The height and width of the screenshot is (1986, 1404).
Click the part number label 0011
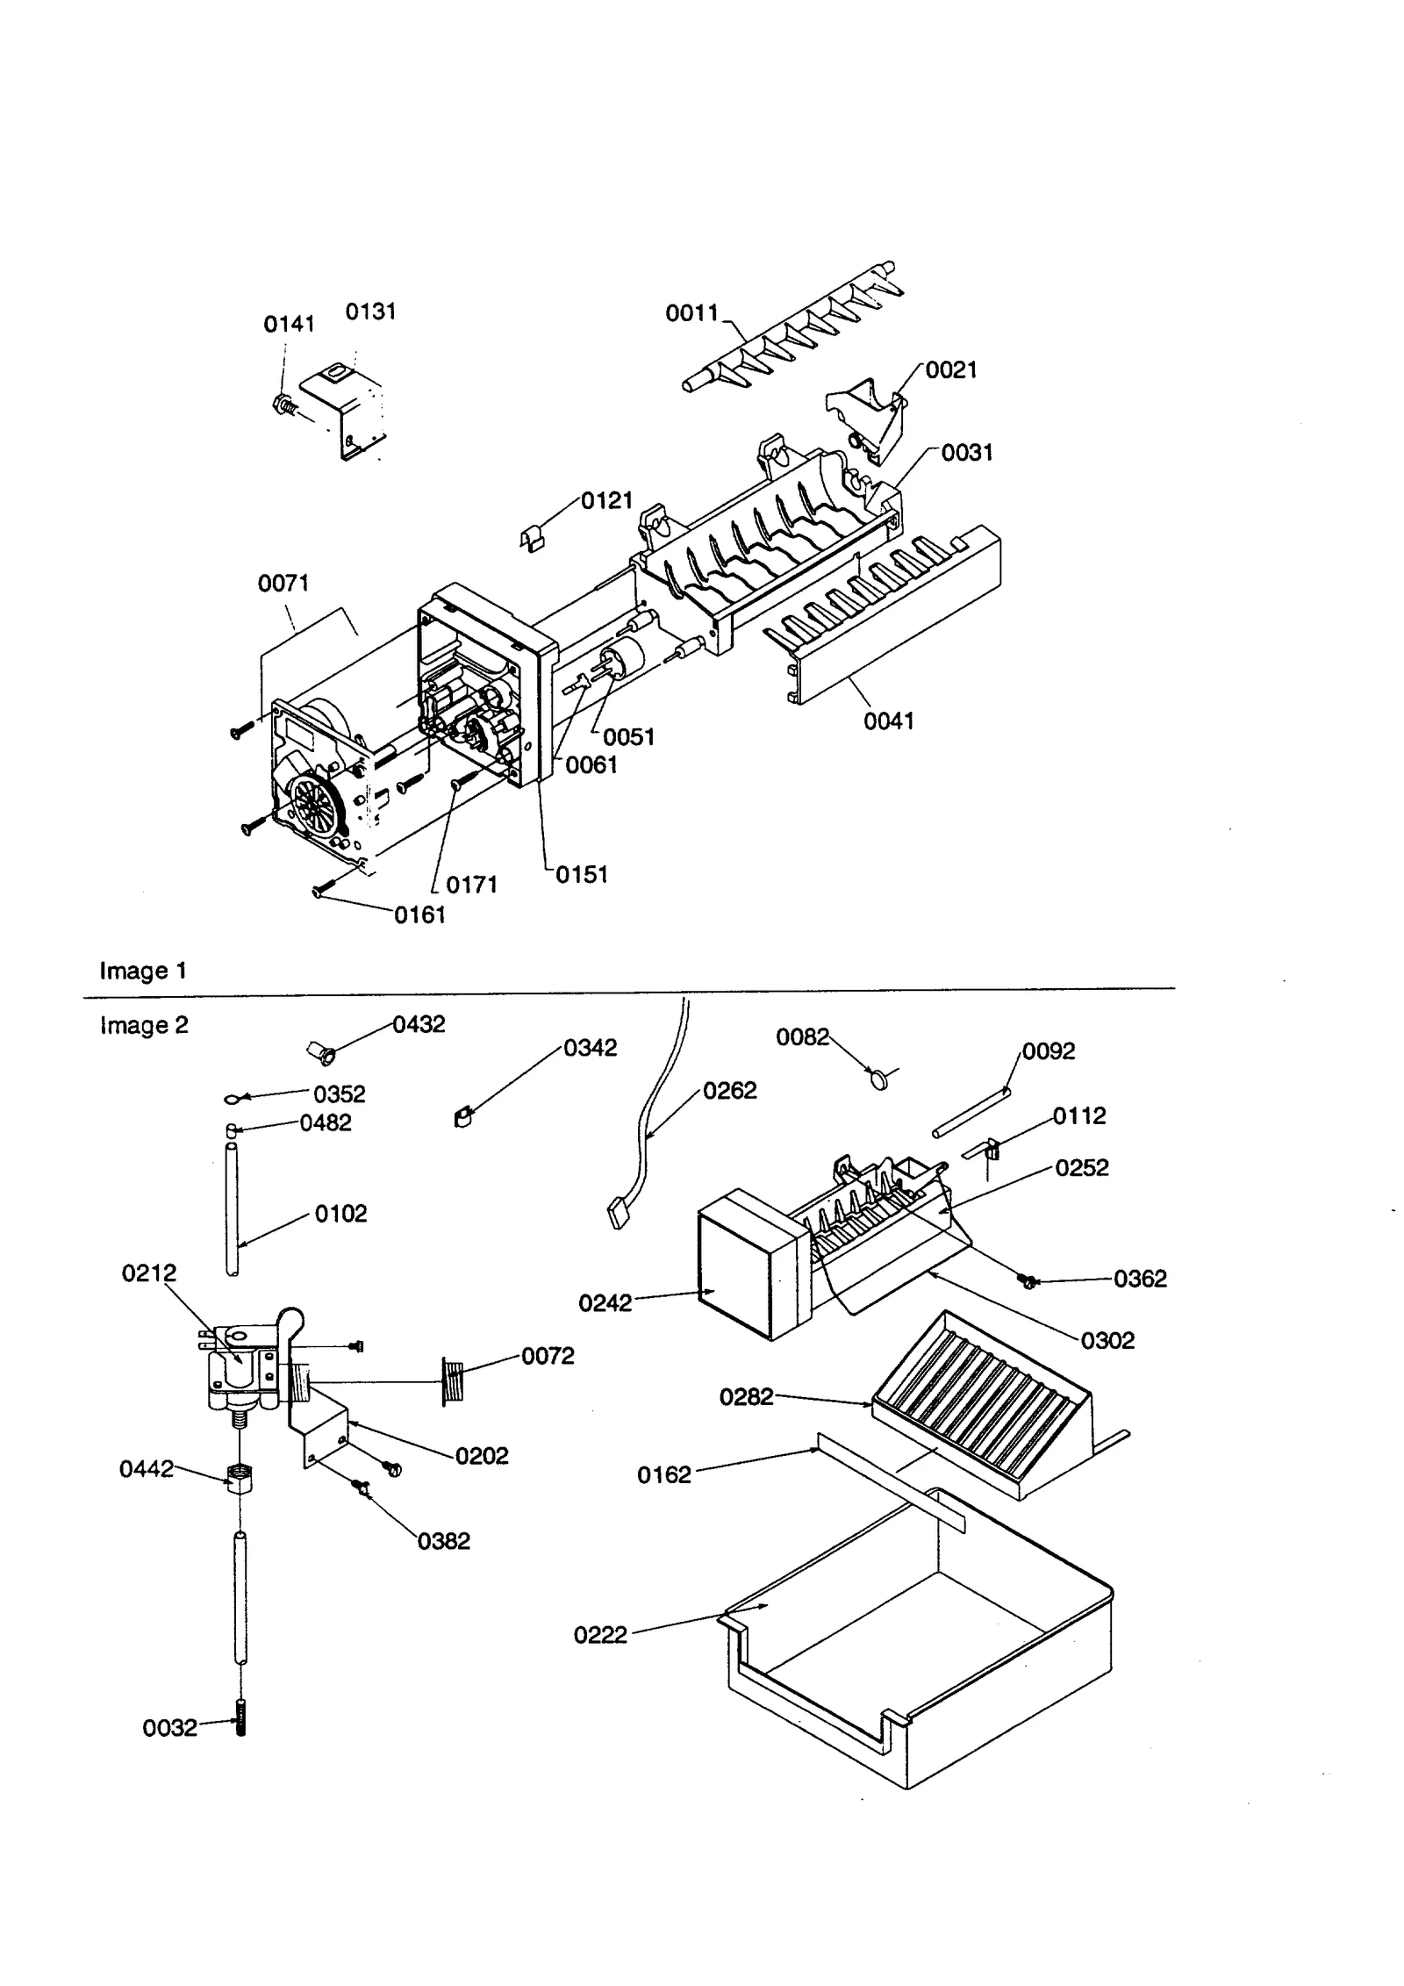pos(691,312)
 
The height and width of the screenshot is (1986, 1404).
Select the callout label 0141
pos(289,324)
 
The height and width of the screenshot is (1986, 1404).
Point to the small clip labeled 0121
pos(532,540)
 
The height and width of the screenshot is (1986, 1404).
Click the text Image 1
pos(143,971)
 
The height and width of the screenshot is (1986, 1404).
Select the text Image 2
pos(144,1025)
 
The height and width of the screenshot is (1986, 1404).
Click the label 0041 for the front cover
pos(889,721)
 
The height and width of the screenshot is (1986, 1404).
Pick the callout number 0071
pos(283,583)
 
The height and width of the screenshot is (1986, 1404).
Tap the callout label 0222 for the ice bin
pos(600,1635)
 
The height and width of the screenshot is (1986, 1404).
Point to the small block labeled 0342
pos(463,1118)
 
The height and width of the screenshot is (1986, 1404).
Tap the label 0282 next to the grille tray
pos(746,1396)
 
